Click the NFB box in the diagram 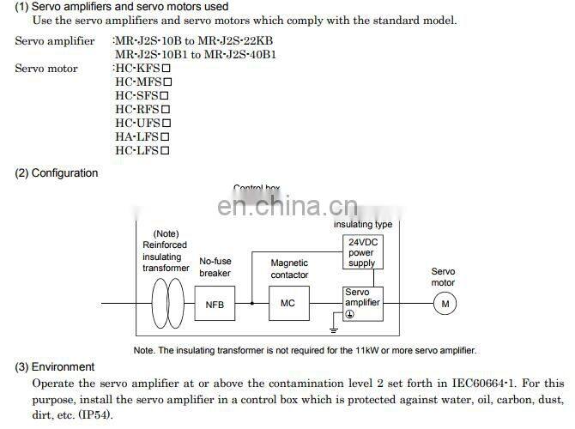(x=214, y=304)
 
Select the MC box (x=288, y=304)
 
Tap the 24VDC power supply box (x=361, y=252)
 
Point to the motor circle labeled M (x=445, y=303)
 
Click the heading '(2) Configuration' (x=57, y=173)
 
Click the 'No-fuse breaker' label (x=215, y=267)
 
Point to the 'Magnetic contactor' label (x=289, y=269)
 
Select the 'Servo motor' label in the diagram (x=443, y=276)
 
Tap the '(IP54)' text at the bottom (x=92, y=414)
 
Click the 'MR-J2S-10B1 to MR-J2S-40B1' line (x=196, y=55)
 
